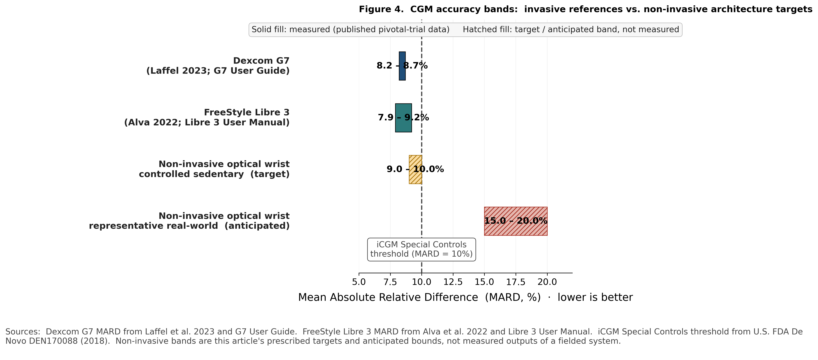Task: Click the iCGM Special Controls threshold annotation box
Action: pos(421,249)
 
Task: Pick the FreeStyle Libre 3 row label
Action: pos(207,117)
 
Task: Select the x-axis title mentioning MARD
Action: pos(465,297)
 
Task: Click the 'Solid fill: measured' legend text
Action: pos(350,30)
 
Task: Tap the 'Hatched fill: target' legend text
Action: pos(571,30)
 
